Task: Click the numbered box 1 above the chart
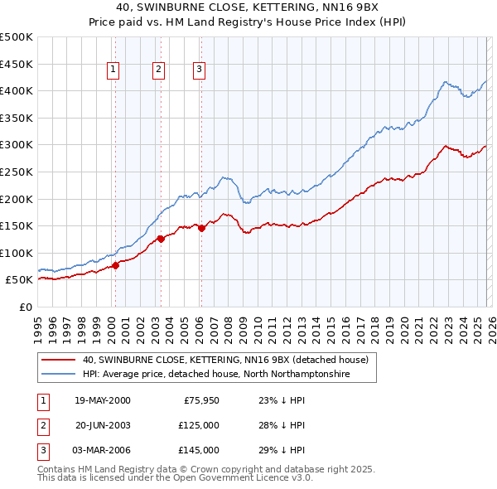[x=113, y=70]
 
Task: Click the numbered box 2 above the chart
[x=157, y=70]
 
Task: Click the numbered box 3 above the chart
[x=200, y=70]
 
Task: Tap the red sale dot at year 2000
[x=116, y=265]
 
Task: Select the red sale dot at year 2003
[x=161, y=240]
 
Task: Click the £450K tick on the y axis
[x=17, y=64]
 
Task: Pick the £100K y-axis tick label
[x=17, y=253]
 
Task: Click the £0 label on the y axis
[x=25, y=307]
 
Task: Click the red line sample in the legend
[x=58, y=360]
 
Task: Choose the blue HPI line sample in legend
[x=58, y=375]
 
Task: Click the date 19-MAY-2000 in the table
[x=102, y=400]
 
